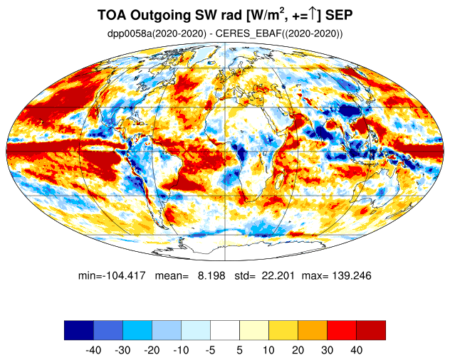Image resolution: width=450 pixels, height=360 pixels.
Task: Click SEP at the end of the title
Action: pyautogui.click(x=339, y=15)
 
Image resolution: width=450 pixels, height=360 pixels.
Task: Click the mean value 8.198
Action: pyautogui.click(x=211, y=275)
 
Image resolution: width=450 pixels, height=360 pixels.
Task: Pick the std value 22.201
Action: pyautogui.click(x=278, y=275)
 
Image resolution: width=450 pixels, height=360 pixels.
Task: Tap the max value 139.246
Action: pyautogui.click(x=352, y=275)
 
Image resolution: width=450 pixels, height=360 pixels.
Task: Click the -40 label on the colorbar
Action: pyautogui.click(x=93, y=350)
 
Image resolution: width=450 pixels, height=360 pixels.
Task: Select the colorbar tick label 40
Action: pyautogui.click(x=356, y=350)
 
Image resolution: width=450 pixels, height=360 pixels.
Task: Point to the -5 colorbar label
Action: pyautogui.click(x=210, y=350)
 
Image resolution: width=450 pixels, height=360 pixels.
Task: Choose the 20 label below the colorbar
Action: pyautogui.click(x=298, y=350)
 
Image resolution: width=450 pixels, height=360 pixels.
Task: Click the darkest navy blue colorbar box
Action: pyautogui.click(x=79, y=330)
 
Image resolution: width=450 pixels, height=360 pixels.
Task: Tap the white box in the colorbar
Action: pyautogui.click(x=225, y=330)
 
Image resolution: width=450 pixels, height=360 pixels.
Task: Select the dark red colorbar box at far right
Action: pyautogui.click(x=371, y=330)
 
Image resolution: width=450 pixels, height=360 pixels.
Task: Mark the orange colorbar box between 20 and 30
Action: pyautogui.click(x=313, y=330)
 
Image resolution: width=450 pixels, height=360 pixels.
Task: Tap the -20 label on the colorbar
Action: pyautogui.click(x=152, y=350)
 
